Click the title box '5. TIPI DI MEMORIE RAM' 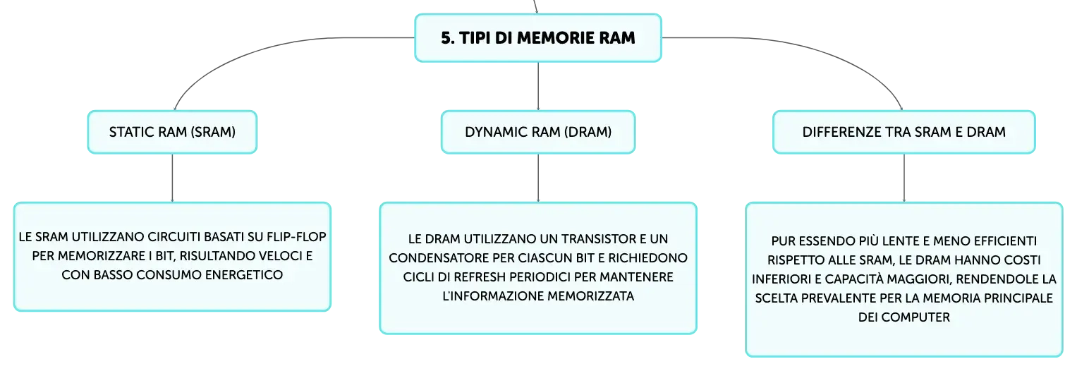pos(538,38)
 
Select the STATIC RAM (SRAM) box pos(172,132)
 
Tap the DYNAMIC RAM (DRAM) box pos(538,132)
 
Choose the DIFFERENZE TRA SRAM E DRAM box pos(904,132)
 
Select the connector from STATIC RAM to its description pos(172,178)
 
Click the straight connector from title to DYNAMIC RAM pos(538,87)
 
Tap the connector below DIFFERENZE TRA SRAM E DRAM pos(904,178)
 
